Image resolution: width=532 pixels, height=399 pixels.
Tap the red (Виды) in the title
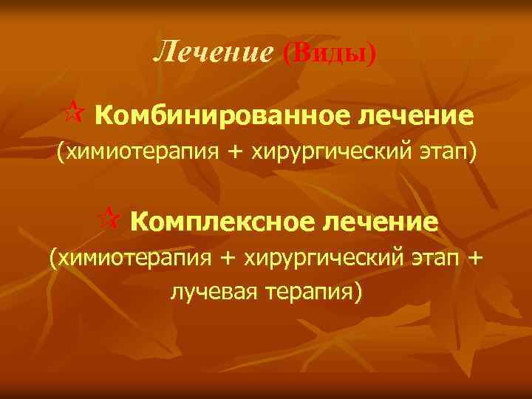(x=330, y=52)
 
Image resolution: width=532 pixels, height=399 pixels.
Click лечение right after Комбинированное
(x=416, y=116)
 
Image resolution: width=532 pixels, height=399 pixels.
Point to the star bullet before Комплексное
(x=112, y=218)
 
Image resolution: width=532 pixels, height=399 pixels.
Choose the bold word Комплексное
(x=225, y=221)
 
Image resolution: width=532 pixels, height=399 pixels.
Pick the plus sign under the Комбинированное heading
(x=235, y=153)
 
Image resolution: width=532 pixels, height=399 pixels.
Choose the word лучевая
(x=213, y=292)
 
